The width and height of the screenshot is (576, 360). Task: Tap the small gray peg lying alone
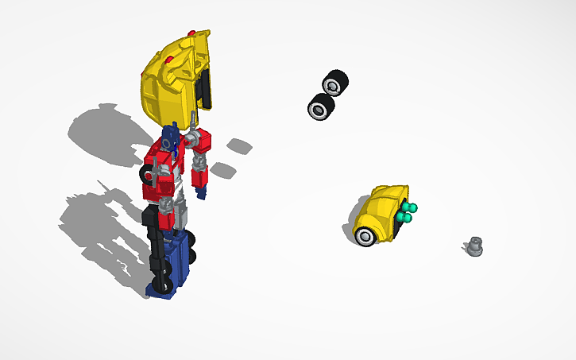point(474,248)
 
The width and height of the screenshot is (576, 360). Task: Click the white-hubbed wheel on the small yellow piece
point(367,235)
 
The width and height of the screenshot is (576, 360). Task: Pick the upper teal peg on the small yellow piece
point(411,207)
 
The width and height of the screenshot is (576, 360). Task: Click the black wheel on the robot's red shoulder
point(147,172)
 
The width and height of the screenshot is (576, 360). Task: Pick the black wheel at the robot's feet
point(164,285)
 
